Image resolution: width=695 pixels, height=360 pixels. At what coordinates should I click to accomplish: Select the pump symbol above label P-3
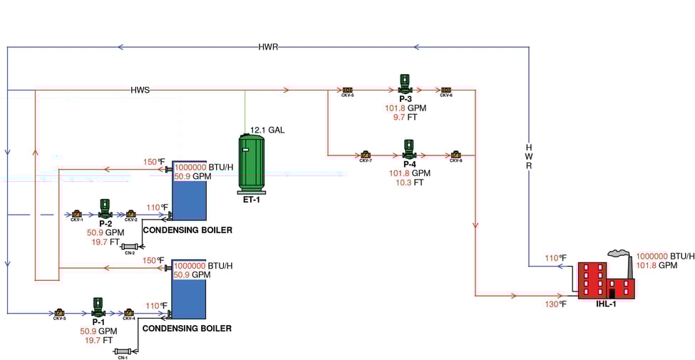point(405,83)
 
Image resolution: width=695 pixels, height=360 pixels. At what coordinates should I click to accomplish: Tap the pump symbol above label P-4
point(409,149)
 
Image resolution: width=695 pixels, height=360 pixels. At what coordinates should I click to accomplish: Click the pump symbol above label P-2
point(105,209)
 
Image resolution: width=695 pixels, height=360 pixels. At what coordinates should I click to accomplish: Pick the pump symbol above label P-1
point(97,308)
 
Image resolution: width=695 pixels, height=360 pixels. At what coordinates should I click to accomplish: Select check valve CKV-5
point(348,90)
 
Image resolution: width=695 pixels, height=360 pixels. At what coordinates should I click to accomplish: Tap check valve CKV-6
point(446,90)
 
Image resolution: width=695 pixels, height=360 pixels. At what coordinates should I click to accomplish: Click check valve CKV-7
point(365,155)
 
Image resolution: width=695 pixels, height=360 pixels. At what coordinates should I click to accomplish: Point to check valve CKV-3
point(59,312)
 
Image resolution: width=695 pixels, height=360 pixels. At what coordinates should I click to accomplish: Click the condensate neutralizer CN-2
point(129,247)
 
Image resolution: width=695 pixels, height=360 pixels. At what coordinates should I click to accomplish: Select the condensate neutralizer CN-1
point(123,351)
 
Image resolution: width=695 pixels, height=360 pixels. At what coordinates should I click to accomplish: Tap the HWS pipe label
point(140,91)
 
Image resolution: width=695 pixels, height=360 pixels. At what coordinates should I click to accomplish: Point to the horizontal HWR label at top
point(268,47)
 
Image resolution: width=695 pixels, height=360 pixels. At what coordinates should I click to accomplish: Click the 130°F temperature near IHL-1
point(556,304)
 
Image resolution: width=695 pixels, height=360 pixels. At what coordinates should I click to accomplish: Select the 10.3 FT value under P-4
point(409,182)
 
